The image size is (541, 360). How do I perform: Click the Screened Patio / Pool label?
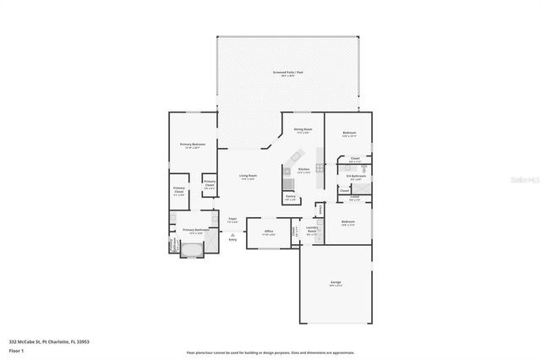tap(287, 73)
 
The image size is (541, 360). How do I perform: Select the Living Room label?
tap(247, 176)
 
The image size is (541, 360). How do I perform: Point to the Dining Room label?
tap(302, 129)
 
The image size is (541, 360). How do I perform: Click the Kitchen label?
tap(303, 170)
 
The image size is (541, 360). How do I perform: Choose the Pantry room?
tap(290, 197)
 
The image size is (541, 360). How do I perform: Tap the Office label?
tap(268, 231)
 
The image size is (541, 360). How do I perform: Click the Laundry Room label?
tap(312, 228)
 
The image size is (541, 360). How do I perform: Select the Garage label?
tap(336, 283)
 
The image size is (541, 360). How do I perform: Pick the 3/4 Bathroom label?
tap(355, 177)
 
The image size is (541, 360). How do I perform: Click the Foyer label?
tap(232, 220)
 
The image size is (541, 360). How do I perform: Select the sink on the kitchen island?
tap(297, 156)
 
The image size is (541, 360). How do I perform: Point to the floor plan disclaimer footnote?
tap(270, 352)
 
